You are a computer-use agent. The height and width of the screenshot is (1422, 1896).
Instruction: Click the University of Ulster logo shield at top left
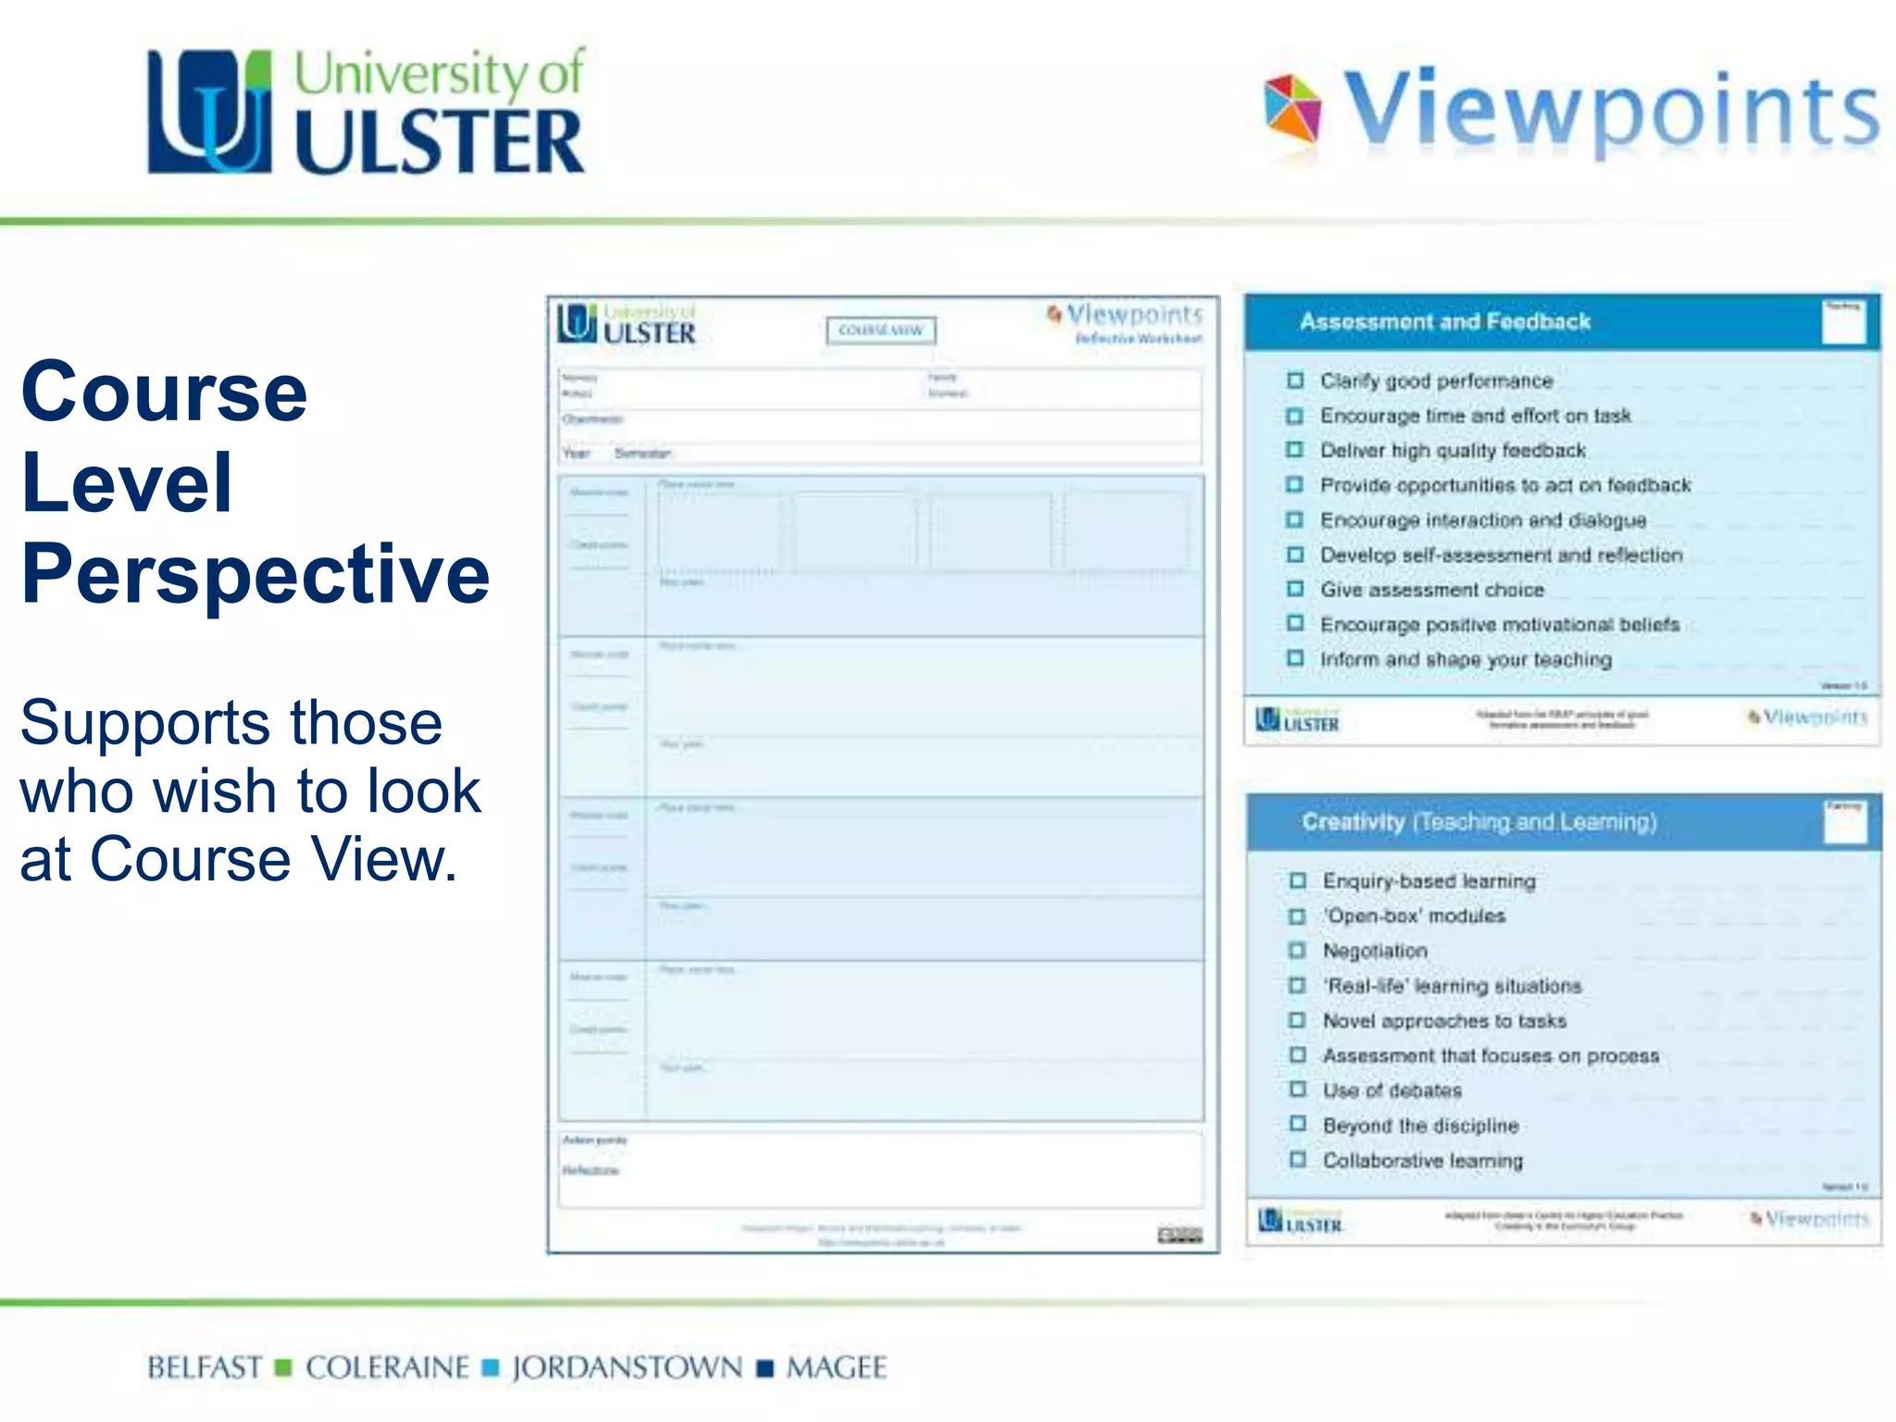(x=210, y=111)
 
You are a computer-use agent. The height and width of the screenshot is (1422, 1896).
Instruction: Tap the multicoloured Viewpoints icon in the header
(x=1292, y=108)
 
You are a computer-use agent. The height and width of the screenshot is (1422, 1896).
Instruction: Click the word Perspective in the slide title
(x=256, y=574)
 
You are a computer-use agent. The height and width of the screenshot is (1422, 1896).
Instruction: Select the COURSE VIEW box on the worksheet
(x=880, y=331)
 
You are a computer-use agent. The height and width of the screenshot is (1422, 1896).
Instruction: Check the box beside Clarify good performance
(x=1295, y=380)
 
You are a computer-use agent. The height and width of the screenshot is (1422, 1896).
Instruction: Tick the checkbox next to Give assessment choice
(x=1295, y=589)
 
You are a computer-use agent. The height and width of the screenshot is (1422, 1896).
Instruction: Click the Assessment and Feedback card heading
(x=1444, y=321)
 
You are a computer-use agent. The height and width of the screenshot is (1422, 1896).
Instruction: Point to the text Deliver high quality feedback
(x=1453, y=451)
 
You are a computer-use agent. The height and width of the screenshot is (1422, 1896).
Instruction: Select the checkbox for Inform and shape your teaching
(x=1295, y=658)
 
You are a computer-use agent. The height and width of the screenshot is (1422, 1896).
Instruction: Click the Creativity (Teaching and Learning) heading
(x=1478, y=822)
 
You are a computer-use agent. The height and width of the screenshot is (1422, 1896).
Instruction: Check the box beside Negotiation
(x=1298, y=951)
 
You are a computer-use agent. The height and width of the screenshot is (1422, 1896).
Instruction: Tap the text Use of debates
(x=1391, y=1091)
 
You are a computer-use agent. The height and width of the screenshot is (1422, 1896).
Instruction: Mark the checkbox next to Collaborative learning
(x=1298, y=1160)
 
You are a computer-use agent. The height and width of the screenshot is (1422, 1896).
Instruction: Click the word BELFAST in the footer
(x=205, y=1367)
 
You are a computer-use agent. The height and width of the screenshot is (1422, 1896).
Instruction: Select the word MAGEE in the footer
(x=836, y=1367)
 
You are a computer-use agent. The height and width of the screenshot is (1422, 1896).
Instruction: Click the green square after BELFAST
(x=284, y=1367)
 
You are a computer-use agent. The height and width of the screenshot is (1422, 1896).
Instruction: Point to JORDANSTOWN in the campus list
(x=627, y=1367)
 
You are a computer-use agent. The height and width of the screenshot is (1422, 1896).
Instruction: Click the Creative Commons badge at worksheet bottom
(x=1179, y=1235)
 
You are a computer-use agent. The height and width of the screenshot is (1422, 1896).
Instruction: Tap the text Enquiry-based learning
(x=1428, y=881)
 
